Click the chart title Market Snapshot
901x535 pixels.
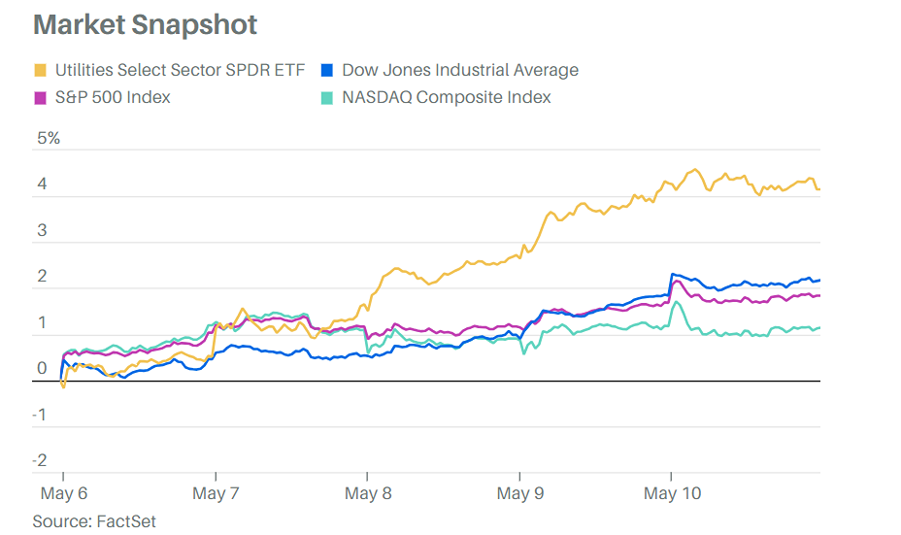(x=145, y=24)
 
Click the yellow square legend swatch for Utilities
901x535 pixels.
(x=40, y=70)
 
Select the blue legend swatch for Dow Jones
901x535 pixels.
(x=327, y=70)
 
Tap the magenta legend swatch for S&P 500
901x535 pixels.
(x=40, y=97)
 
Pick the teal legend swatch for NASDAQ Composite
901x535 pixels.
(x=327, y=97)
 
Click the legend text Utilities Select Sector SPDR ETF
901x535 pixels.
(x=180, y=70)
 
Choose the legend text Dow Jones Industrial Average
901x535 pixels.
(x=460, y=70)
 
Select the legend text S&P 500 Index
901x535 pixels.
(x=113, y=97)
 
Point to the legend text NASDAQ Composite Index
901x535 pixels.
(x=447, y=97)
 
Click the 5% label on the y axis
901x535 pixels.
(x=49, y=138)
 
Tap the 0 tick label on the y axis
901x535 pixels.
(x=42, y=368)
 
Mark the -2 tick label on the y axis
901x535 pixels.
(x=40, y=460)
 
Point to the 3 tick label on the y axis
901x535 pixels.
(x=42, y=230)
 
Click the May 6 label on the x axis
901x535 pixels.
(x=63, y=494)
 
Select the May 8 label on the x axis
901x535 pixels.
(x=368, y=494)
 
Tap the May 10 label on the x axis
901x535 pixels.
(x=673, y=494)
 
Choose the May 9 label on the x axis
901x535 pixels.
(x=520, y=494)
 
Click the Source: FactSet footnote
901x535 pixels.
(x=94, y=521)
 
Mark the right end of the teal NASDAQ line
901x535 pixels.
(x=819, y=328)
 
